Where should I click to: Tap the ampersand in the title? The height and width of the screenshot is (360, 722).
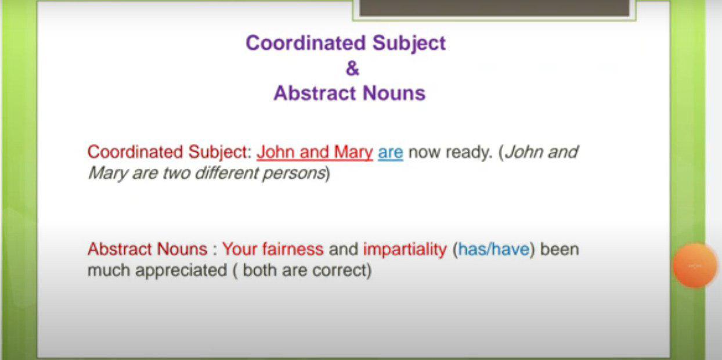(352, 69)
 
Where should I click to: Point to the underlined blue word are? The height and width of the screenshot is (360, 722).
(390, 152)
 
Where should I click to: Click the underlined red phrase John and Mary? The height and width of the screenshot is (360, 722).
(315, 152)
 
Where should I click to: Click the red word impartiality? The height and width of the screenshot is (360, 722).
(405, 249)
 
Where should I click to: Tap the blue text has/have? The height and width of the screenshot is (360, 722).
(493, 249)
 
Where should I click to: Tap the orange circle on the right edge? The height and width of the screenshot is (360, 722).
(695, 265)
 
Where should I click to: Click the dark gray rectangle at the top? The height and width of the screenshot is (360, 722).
(494, 8)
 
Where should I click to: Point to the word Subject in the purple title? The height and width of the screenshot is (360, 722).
(409, 43)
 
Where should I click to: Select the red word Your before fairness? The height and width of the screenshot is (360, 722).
(240, 249)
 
